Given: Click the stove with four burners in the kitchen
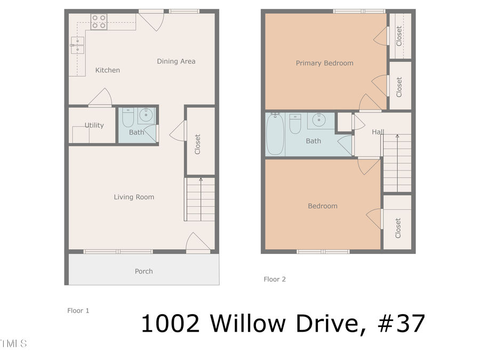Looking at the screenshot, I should (x=98, y=21).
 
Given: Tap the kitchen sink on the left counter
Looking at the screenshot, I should (x=77, y=46).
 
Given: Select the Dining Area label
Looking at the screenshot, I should (x=176, y=61).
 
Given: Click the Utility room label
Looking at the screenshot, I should (x=94, y=125).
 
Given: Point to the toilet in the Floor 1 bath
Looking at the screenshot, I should (x=128, y=118).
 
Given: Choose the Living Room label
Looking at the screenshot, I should (x=134, y=197).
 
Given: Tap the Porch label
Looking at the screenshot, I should (x=143, y=271).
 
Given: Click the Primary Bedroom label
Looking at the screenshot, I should (x=324, y=63).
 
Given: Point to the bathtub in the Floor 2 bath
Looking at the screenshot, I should (x=275, y=134).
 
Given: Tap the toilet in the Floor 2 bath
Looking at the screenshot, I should (x=295, y=124).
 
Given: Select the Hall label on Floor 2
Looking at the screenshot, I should (x=378, y=132).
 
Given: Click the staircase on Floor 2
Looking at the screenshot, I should (x=397, y=163).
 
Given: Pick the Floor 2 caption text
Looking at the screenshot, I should (x=275, y=279).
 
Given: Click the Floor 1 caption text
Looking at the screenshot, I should (x=78, y=310).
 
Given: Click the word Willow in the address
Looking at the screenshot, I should (x=247, y=323).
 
